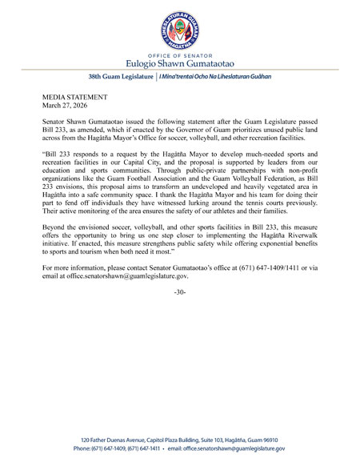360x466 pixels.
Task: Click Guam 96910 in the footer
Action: tap(285, 439)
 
